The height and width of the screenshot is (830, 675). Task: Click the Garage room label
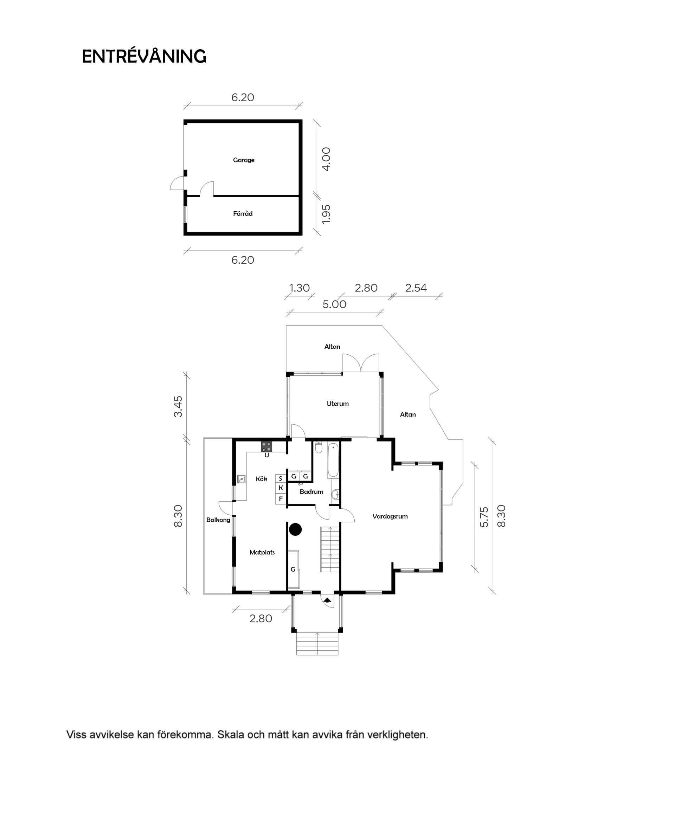pos(243,160)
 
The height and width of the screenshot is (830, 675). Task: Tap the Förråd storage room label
pos(243,213)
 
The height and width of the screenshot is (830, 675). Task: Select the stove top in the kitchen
pos(266,446)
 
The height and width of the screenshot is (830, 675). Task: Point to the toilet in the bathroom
pos(319,448)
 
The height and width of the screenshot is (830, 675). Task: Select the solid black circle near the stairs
pos(296,529)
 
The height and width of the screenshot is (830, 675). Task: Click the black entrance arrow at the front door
pos(327,600)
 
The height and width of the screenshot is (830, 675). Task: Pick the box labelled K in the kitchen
pos(281,488)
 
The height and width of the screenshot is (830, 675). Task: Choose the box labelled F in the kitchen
pos(281,498)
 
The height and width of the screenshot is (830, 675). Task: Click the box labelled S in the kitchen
pos(281,478)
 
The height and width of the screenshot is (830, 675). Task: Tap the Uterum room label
pos(337,404)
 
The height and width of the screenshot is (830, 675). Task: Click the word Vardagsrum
pos(390,516)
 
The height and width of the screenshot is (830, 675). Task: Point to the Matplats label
pos(262,552)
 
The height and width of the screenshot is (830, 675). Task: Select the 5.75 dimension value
pos(484,517)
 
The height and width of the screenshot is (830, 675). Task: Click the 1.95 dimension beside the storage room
pos(326,214)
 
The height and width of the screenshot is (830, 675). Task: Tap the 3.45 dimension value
pos(178,406)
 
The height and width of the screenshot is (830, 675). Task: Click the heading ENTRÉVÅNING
pos(144,56)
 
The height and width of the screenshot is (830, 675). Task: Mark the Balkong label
pos(218,520)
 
